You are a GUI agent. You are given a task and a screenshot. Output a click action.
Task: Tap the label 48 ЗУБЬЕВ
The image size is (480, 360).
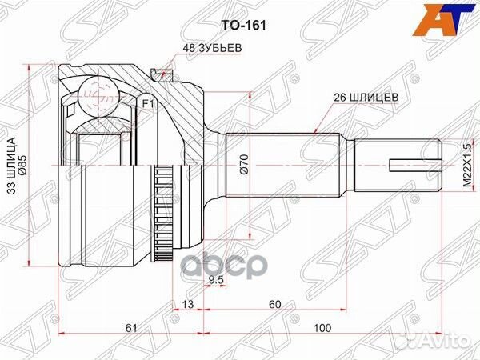206,49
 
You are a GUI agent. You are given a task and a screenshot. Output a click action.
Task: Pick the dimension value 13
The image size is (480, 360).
187,303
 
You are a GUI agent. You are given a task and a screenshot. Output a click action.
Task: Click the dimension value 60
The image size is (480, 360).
275,303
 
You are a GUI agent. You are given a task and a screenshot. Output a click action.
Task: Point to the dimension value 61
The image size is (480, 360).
131,327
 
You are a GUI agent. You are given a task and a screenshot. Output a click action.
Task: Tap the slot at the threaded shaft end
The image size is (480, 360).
413,167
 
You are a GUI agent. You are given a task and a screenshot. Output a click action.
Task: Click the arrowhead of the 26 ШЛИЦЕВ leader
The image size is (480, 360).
317,130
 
